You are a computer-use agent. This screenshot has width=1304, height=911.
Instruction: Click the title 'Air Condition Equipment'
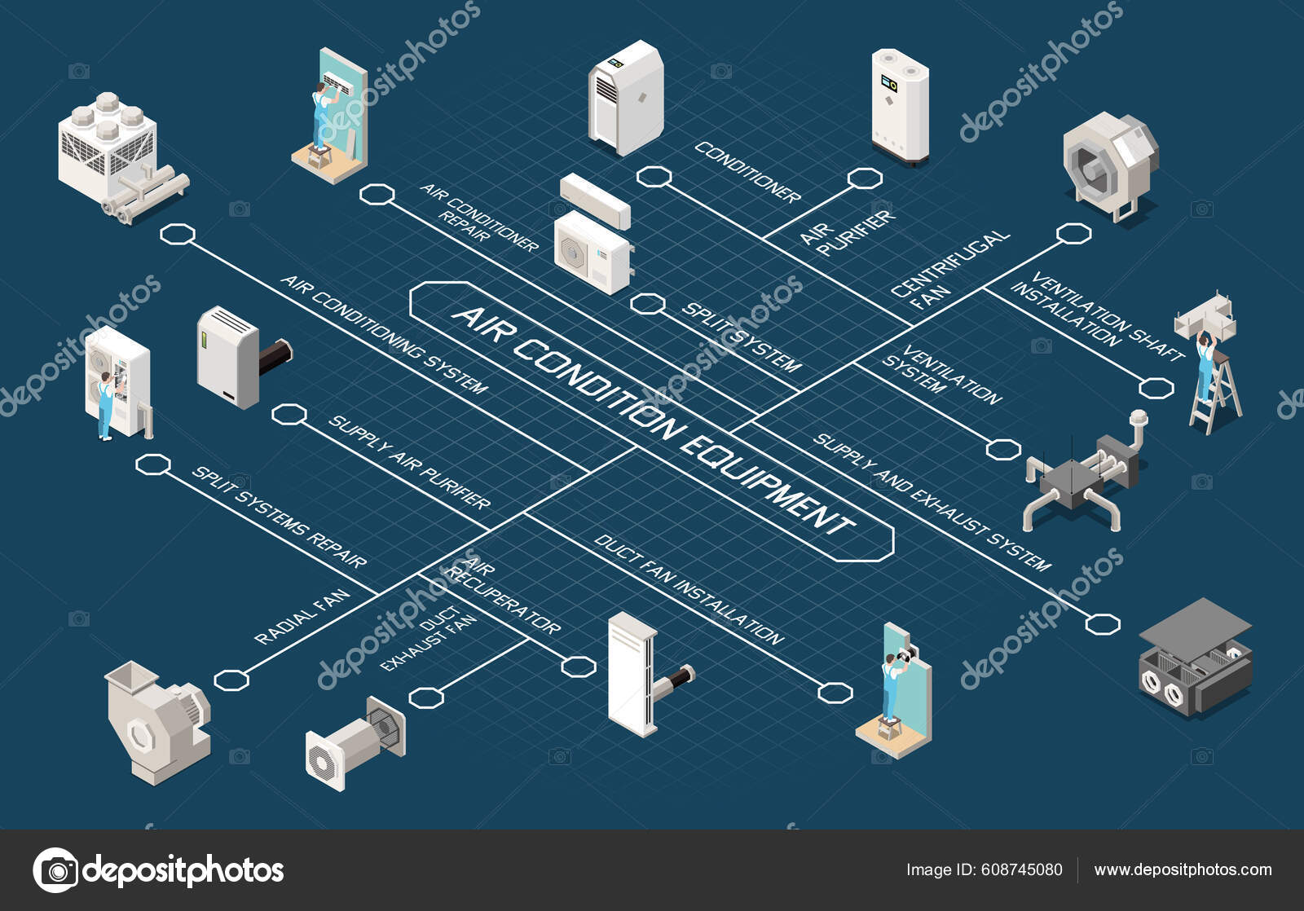(652, 420)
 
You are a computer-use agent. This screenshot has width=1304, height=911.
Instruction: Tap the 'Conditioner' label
(747, 172)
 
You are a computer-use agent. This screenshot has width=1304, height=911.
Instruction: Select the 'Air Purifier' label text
(847, 232)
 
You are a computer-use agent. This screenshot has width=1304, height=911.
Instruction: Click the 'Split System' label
(741, 337)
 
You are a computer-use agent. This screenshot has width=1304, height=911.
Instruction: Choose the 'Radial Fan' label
(302, 617)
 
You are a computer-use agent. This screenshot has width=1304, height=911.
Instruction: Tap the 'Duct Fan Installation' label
(689, 588)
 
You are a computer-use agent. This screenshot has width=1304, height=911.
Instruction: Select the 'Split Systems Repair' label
(279, 517)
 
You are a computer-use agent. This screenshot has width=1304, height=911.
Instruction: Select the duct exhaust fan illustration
(355, 742)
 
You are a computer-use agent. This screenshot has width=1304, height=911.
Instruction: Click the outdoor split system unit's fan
(574, 253)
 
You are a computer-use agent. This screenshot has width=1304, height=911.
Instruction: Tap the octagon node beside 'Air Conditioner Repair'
(377, 194)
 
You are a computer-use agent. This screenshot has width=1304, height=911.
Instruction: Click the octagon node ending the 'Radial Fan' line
(231, 679)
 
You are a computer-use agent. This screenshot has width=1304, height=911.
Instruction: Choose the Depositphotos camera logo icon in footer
(55, 869)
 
